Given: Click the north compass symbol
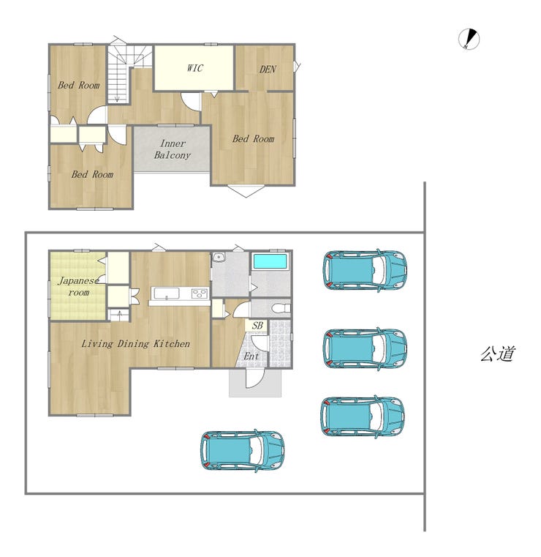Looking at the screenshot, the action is (469, 39).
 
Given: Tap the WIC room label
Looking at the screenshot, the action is (194, 68).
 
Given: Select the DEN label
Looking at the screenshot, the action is (268, 69).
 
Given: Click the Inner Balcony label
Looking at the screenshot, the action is (173, 149).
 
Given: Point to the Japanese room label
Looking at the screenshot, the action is (78, 286).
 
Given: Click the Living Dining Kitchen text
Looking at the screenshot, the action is (135, 343).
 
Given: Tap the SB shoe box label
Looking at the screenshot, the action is (257, 326).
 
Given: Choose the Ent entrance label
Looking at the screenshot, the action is (251, 356).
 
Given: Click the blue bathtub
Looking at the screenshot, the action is (270, 261).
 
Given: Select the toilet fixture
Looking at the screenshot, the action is (281, 308).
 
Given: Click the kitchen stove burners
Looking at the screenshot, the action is (199, 294).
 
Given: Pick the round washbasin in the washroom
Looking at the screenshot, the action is (218, 257).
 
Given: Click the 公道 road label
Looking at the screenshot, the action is (497, 354).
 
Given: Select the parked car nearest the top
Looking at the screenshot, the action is (364, 270).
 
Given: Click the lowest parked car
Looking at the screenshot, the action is (242, 451).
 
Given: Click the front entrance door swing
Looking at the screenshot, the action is (254, 378).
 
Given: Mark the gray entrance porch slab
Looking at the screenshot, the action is (255, 383).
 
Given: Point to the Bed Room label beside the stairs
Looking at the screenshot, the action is (79, 85).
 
